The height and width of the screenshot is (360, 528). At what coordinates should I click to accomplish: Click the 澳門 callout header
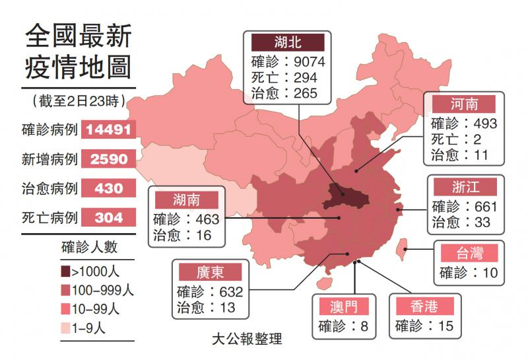(x=345, y=306)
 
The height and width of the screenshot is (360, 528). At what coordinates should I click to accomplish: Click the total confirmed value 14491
(x=109, y=129)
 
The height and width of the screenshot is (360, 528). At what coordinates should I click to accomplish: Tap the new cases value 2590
(x=109, y=159)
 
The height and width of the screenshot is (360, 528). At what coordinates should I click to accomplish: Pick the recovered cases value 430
(x=109, y=188)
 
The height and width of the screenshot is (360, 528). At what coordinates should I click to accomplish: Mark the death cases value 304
(x=109, y=217)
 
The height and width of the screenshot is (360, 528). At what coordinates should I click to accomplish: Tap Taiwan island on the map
(x=399, y=252)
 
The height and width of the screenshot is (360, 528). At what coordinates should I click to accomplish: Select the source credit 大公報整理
(x=247, y=340)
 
